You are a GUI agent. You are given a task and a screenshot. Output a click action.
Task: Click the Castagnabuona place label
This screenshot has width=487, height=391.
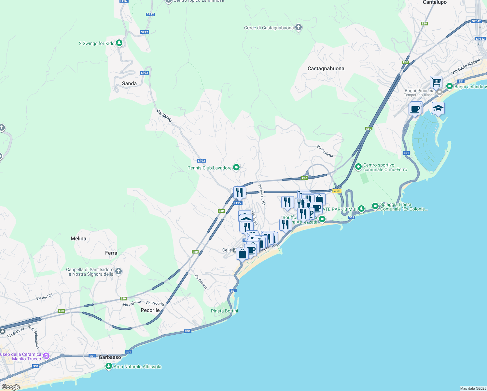click(326, 68)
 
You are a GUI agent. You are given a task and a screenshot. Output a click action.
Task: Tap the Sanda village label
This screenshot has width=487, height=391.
click(129, 83)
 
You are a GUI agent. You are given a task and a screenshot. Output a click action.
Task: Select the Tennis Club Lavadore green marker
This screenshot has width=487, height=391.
click(236, 167)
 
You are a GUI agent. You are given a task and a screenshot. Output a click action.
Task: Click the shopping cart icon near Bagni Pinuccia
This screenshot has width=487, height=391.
click(436, 81)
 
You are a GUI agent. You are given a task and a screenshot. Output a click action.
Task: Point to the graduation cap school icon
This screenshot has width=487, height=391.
click(438, 108)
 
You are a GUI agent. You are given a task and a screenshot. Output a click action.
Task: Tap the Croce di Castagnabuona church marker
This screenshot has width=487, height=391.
click(299, 27)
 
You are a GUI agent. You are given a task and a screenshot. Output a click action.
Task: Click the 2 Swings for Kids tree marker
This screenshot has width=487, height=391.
click(119, 43)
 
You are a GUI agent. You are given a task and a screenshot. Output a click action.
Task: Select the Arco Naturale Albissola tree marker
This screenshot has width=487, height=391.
click(109, 366)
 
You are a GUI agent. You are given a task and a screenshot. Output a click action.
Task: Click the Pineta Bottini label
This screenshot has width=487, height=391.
click(224, 311)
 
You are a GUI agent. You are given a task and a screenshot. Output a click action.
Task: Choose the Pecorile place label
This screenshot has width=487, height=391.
click(150, 310)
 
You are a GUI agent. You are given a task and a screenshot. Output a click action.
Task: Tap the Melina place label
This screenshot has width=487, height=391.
click(78, 239)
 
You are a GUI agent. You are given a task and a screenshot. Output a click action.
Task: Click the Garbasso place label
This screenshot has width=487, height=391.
click(110, 357)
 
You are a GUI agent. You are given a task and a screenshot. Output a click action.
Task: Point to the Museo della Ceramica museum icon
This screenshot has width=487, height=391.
click(46, 356)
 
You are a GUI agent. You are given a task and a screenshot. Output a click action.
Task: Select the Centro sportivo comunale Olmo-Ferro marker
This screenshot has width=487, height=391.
click(358, 167)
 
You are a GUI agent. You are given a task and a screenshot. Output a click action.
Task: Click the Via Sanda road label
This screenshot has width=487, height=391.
click(164, 116)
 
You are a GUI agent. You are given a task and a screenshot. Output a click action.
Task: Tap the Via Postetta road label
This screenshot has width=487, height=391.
click(325, 151)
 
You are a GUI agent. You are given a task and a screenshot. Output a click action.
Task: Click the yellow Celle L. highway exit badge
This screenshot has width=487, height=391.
click(336, 191)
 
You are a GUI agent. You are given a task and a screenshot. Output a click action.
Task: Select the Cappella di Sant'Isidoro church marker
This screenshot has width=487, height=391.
click(118, 271)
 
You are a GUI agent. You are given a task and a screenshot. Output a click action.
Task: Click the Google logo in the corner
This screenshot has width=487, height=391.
click(11, 387)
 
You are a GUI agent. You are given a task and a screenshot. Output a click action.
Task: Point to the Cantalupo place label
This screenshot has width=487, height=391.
click(435, 2)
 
